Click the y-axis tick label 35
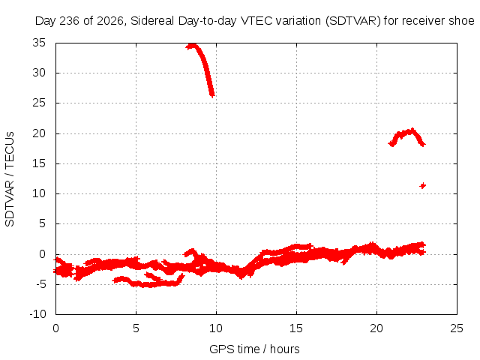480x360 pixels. [39, 43]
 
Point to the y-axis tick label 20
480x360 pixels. [39, 133]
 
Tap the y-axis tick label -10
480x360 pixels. [37, 314]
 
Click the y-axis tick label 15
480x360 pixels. [39, 163]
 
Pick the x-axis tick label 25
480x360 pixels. [457, 328]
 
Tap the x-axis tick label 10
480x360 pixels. [216, 328]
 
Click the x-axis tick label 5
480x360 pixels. [136, 328]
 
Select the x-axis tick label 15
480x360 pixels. [296, 328]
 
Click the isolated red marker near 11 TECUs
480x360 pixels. [423, 185]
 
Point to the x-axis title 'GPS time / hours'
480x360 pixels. [254, 349]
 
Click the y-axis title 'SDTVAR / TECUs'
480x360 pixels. [10, 179]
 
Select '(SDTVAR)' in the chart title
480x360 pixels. [353, 21]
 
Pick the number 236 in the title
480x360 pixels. [70, 21]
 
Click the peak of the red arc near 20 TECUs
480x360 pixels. [412, 130]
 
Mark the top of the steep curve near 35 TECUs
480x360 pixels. [192, 46]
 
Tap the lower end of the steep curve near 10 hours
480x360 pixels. [212, 95]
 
